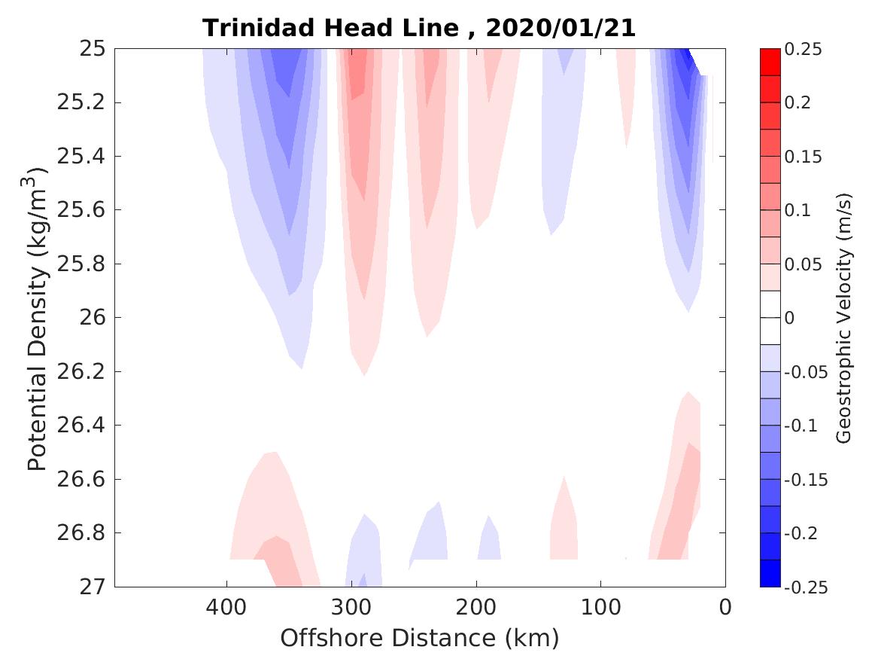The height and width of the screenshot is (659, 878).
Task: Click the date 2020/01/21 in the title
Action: click(561, 29)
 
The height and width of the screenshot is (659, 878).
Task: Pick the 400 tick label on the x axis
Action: click(226, 606)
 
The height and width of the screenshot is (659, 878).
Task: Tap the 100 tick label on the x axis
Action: click(600, 606)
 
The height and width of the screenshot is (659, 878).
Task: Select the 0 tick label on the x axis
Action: click(725, 606)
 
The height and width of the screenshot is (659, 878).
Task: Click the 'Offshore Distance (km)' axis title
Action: click(419, 639)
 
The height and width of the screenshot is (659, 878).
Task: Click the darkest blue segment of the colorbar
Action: click(770, 573)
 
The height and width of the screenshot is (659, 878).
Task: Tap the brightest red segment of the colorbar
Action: click(770, 63)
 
